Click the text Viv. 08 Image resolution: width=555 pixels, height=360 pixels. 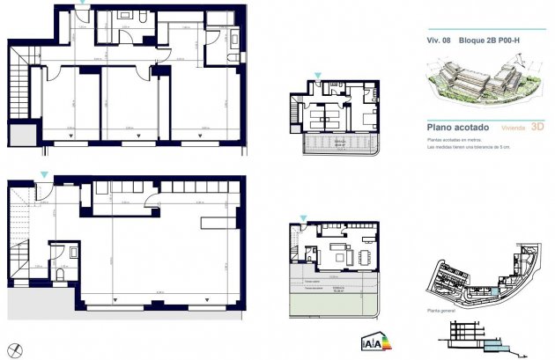(440, 40)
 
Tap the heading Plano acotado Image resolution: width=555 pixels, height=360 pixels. (452, 128)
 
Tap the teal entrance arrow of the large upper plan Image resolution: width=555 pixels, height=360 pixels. (83, 5)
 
